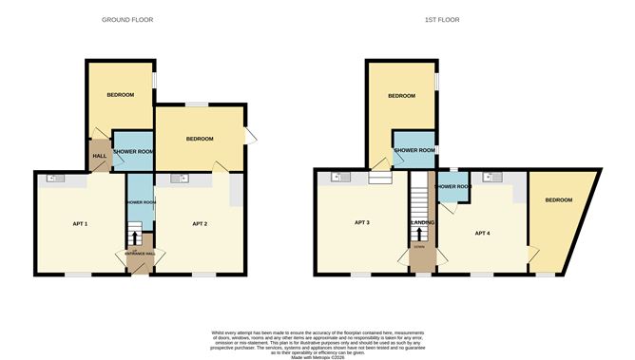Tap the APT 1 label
click(80, 223)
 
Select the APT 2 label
click(200, 223)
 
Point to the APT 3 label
click(361, 222)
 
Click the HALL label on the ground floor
click(99, 157)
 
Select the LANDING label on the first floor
click(421, 223)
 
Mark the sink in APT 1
click(54, 178)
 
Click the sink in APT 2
click(179, 178)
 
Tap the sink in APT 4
click(491, 177)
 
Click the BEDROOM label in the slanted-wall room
click(558, 200)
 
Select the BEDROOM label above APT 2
click(200, 140)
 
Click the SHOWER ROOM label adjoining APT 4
click(452, 186)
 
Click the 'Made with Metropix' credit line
click(317, 354)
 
